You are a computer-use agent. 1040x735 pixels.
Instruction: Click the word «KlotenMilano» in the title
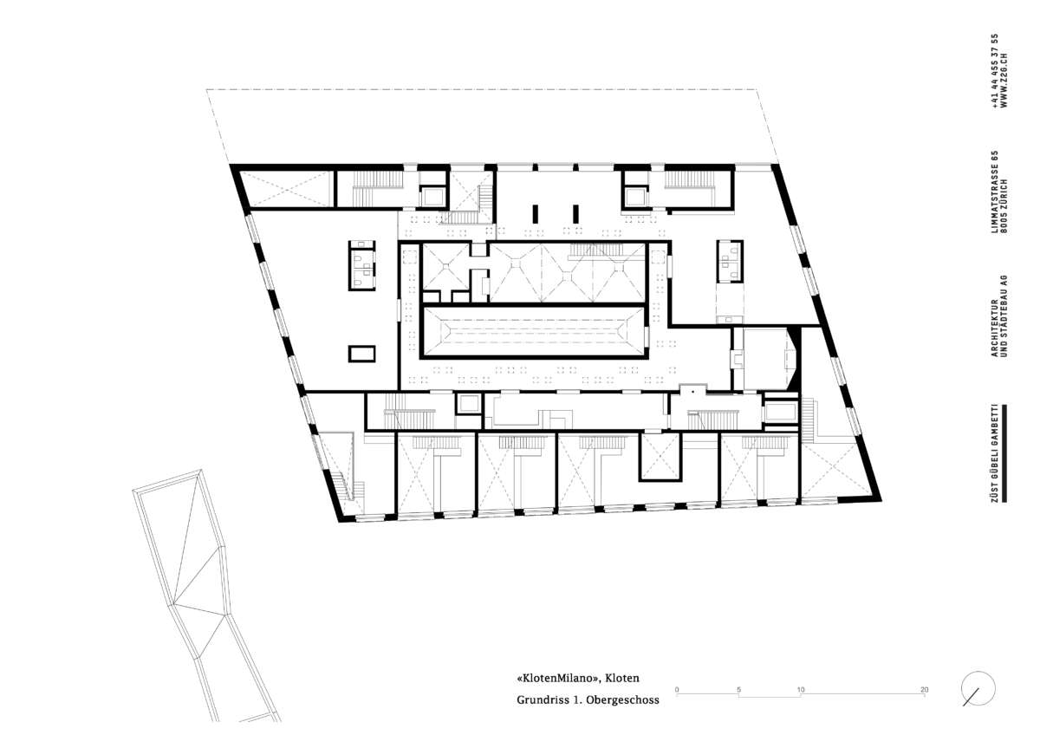point(556,679)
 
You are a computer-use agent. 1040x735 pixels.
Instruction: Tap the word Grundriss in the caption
point(543,700)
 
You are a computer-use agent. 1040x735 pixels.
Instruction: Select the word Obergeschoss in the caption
point(622,700)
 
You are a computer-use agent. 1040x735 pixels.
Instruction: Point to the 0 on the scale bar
point(677,690)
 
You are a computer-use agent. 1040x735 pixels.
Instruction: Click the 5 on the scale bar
point(738,690)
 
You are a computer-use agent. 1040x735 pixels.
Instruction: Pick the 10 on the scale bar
point(801,690)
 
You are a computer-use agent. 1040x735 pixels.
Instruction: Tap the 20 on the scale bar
point(925,690)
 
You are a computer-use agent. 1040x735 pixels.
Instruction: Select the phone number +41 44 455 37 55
point(995,71)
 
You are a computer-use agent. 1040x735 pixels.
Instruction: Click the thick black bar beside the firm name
point(1004,453)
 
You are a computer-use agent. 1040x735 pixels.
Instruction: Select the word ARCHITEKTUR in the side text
point(995,328)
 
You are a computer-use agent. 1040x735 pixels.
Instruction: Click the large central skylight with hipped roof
point(534,331)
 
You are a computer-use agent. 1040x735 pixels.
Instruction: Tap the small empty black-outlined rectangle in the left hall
point(361,354)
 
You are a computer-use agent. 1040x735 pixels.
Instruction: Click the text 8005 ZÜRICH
point(1004,205)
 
